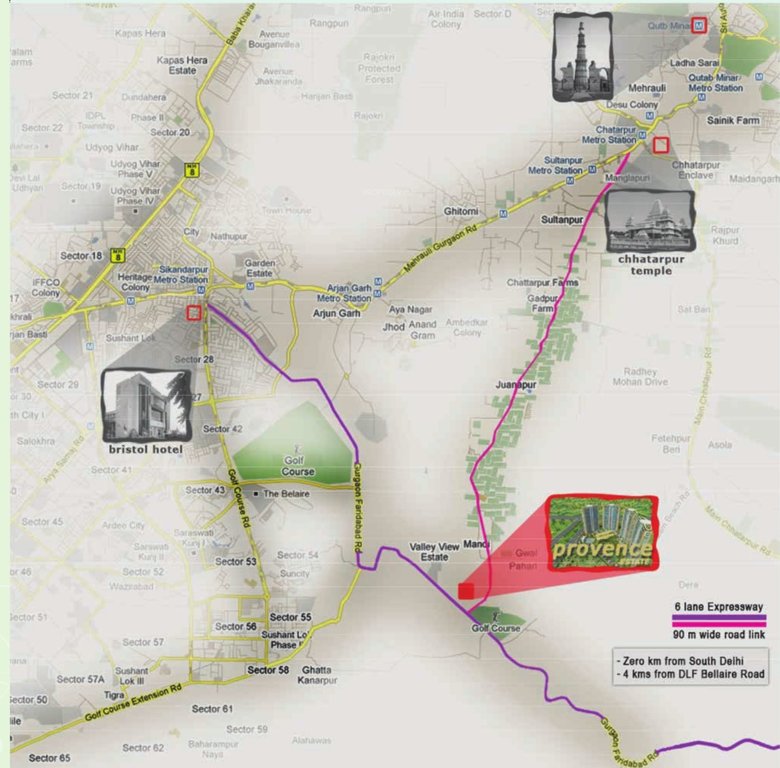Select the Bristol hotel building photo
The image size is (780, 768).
[x=146, y=406]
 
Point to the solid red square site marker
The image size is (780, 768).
[x=465, y=591]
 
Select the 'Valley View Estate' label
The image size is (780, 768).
[x=434, y=552]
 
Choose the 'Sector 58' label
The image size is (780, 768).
[x=268, y=670]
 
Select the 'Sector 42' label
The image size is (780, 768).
[x=223, y=429]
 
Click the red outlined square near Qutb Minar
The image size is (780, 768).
[x=699, y=23]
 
